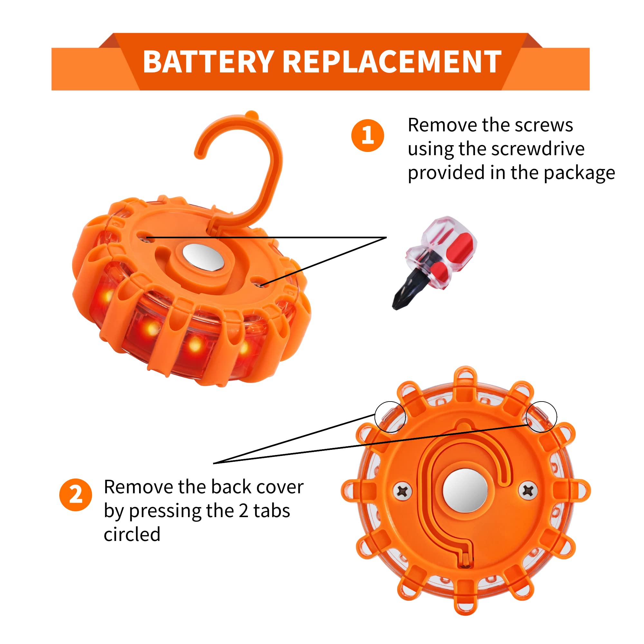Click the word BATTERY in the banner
coord(208,62)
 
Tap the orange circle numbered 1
coord(368,136)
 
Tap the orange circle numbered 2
coord(76,495)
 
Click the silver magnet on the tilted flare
coord(203,257)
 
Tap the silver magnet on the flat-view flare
coord(466,490)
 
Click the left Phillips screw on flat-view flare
coord(403,491)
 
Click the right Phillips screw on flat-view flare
coord(528,490)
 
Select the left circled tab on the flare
coord(390,417)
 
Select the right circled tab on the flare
coord(541,417)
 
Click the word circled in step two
coord(132,535)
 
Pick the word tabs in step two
coord(271,511)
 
